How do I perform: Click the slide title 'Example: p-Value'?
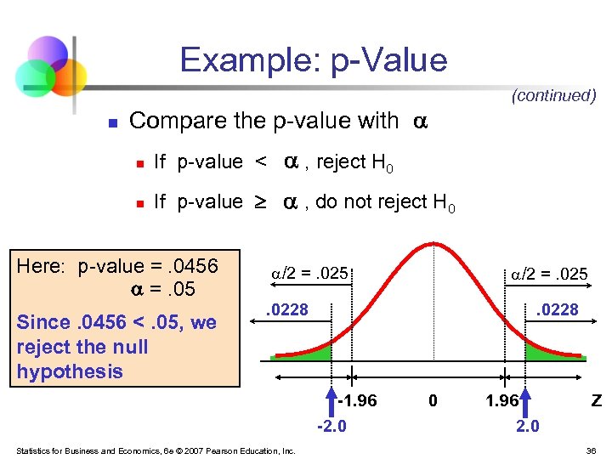pos(313,60)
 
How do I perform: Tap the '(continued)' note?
pos(553,95)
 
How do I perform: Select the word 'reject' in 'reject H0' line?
pos(343,161)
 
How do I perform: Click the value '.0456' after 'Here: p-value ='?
pos(194,266)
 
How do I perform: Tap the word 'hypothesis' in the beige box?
pos(70,371)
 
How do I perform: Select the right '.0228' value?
pos(557,310)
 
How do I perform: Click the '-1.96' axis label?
pos(357,400)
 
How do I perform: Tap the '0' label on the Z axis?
pos(433,400)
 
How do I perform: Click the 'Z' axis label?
pos(597,400)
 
